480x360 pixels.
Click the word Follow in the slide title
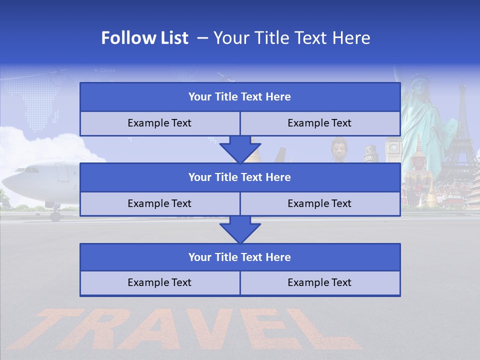click(x=123, y=38)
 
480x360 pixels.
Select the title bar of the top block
click(x=240, y=97)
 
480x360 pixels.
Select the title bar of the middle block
click(x=240, y=177)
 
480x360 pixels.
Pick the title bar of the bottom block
click(x=240, y=257)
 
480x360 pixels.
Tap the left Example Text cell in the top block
click(x=159, y=123)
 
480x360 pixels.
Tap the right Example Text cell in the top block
click(x=320, y=123)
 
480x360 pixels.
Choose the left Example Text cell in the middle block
click(x=159, y=203)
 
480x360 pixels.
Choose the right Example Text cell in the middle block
click(x=320, y=203)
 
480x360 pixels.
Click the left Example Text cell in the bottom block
click(x=159, y=282)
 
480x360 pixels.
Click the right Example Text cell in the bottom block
click(x=320, y=282)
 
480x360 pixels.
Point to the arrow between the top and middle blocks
click(x=240, y=149)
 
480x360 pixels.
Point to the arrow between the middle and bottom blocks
click(x=240, y=229)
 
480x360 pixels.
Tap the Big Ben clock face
click(x=393, y=147)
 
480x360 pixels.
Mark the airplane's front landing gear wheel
click(x=55, y=216)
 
